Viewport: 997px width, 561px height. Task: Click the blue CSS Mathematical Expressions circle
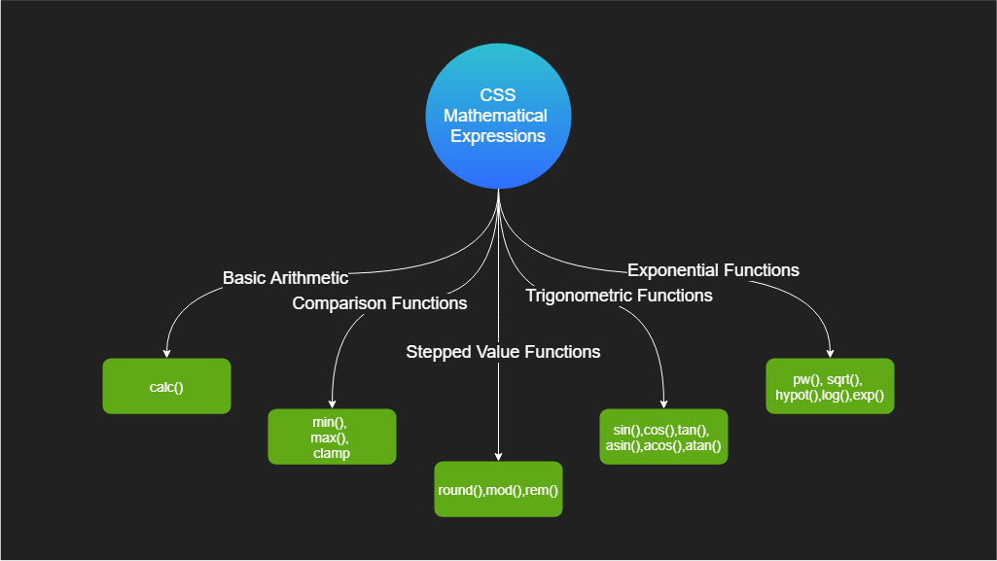click(498, 117)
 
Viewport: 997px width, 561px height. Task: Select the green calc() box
click(166, 386)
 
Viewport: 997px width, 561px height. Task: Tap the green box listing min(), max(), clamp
click(332, 437)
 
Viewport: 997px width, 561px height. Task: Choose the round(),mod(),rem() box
click(498, 489)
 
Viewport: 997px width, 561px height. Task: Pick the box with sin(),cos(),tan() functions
click(663, 437)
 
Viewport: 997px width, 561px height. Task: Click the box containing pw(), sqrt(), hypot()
click(830, 386)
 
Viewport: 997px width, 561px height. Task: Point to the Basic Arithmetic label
click(286, 278)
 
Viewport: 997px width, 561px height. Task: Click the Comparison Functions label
click(379, 303)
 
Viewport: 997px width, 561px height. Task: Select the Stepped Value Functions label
click(503, 352)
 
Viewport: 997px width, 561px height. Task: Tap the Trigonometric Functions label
click(619, 296)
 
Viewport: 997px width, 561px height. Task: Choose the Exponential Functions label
click(713, 270)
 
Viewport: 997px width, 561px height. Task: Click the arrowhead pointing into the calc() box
click(166, 354)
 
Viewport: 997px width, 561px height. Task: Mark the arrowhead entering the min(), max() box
click(332, 404)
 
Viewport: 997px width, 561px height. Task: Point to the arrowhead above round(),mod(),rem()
click(498, 457)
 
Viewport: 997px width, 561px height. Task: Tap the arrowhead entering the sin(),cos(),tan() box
click(663, 404)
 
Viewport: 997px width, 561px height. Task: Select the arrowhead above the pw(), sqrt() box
click(830, 354)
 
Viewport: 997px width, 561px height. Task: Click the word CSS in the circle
click(498, 95)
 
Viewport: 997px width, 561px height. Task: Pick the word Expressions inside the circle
click(498, 136)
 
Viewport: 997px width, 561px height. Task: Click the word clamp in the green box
click(332, 453)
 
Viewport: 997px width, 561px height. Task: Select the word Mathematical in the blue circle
click(495, 116)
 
